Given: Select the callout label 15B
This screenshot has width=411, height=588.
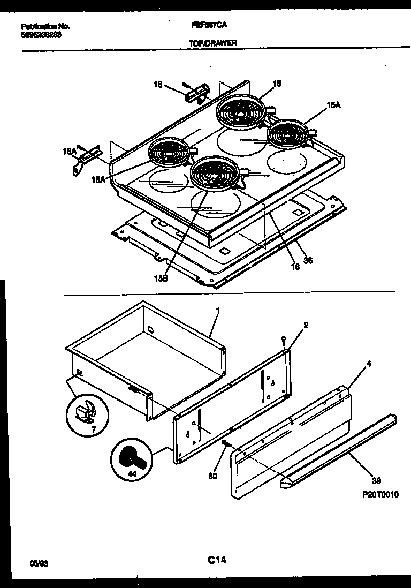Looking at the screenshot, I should point(161,278).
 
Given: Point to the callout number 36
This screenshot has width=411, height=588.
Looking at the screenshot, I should point(308,261).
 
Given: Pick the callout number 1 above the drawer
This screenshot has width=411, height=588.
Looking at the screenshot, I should point(217,310).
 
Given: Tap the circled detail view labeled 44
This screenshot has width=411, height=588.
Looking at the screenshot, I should point(130,459).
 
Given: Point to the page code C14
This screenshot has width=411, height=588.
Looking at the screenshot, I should point(216,561).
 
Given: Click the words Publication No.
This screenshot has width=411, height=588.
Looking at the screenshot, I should point(46,26).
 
